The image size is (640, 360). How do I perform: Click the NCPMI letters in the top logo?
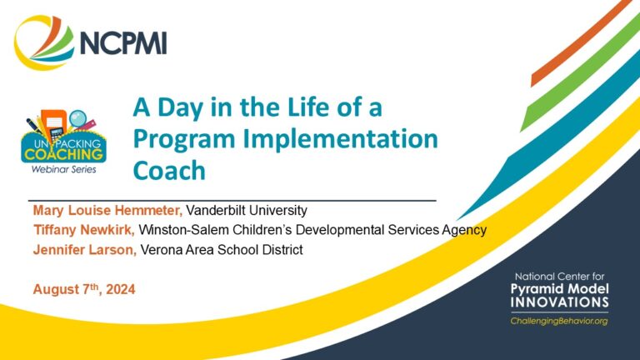(123, 42)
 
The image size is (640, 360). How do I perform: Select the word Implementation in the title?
(340, 138)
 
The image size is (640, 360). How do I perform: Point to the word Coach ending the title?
(169, 170)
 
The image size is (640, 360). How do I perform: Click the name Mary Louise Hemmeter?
(107, 210)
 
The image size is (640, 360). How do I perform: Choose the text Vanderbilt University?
(247, 210)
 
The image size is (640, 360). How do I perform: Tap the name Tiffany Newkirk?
(84, 230)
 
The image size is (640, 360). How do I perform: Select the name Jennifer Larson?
(85, 249)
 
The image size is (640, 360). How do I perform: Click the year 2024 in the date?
(120, 289)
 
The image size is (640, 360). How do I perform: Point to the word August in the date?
(57, 289)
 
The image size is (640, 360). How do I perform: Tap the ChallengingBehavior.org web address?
(559, 321)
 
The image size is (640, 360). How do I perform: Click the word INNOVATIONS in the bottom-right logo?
(559, 302)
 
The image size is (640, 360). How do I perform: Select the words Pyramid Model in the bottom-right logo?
(559, 290)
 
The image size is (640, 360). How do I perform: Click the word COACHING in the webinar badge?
(63, 154)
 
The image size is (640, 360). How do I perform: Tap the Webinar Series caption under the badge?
(63, 169)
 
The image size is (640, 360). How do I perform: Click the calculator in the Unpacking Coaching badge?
(56, 134)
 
